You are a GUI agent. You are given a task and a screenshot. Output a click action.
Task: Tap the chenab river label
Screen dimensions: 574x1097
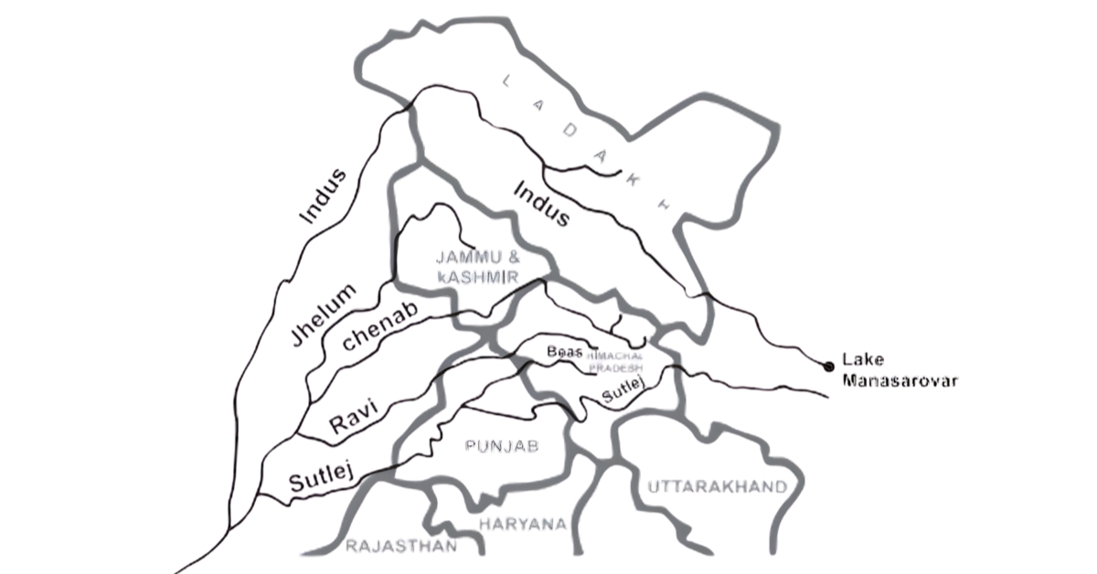(379, 327)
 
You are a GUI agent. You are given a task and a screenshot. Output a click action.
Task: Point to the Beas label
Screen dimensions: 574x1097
(564, 352)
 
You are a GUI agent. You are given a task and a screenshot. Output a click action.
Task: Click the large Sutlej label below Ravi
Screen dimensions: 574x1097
(319, 477)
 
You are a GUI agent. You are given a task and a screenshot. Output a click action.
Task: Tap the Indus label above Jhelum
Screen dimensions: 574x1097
(325, 197)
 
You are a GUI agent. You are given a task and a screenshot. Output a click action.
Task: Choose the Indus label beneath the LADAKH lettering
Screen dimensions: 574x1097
(542, 204)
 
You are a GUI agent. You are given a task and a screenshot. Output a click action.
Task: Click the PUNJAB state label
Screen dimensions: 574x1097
(502, 446)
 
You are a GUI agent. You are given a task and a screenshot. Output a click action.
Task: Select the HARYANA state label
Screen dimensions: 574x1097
(522, 524)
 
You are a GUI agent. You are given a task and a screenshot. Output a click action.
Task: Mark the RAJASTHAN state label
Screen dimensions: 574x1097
(400, 547)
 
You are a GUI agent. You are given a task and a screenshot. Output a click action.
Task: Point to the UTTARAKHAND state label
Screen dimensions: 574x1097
(716, 487)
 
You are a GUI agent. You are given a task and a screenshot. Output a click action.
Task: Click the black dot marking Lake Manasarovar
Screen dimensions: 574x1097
(829, 367)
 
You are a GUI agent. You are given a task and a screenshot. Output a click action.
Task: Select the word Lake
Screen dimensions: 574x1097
(860, 361)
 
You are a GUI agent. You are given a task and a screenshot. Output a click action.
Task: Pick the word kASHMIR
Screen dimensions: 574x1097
(475, 275)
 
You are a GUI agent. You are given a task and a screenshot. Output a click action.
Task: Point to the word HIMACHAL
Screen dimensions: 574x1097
(617, 354)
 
